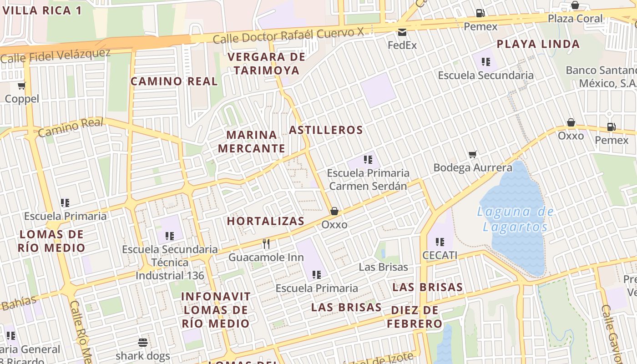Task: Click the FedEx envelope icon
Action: coord(402,32)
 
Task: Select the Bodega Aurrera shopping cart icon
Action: coord(473,155)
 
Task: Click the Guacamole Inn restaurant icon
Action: coord(266,244)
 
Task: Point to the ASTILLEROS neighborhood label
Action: coord(326,130)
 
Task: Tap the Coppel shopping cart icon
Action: coord(22,86)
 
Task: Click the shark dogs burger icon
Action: coord(143,343)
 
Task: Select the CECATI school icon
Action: coord(440,242)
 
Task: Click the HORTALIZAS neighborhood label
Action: coord(266,221)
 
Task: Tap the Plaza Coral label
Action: coord(575,19)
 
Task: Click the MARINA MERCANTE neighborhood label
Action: coord(252,142)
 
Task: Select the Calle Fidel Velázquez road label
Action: coord(56,56)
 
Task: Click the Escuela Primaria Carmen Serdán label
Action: coord(368,179)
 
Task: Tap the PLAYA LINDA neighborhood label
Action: coord(538,44)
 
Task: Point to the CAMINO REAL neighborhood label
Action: coord(174,81)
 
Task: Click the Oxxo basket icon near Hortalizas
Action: coord(334,211)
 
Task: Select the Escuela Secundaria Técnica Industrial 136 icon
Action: coord(170,236)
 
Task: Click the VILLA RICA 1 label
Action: coord(42,10)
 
